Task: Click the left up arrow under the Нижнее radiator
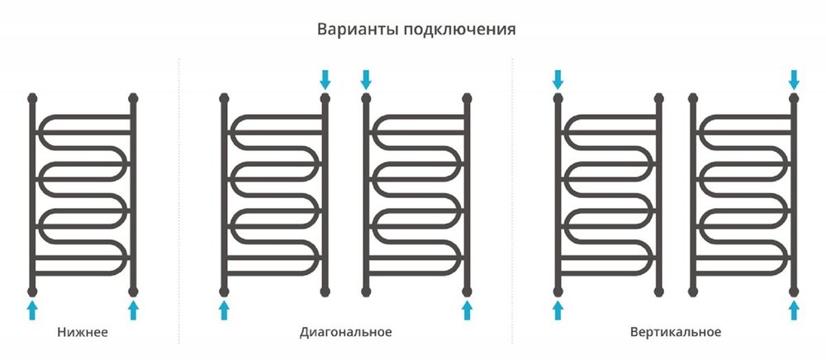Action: click(x=32, y=310)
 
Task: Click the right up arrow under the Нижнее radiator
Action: click(x=133, y=310)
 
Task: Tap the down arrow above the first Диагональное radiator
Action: click(x=325, y=79)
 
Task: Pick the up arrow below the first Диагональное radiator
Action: click(x=224, y=310)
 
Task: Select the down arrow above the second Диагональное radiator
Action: click(x=366, y=79)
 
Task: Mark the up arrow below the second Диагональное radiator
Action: click(x=467, y=310)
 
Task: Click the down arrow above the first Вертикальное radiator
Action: click(x=558, y=79)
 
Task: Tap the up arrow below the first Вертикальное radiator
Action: click(x=558, y=310)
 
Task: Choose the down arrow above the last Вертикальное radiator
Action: click(x=794, y=79)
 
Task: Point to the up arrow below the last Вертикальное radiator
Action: click(x=794, y=310)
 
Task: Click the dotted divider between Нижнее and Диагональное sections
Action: click(x=179, y=198)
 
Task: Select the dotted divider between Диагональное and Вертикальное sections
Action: click(x=512, y=198)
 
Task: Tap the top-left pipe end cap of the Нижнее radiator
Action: click(x=32, y=98)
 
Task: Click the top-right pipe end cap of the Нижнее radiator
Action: click(x=133, y=98)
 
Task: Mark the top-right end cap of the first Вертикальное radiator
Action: click(x=658, y=98)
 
